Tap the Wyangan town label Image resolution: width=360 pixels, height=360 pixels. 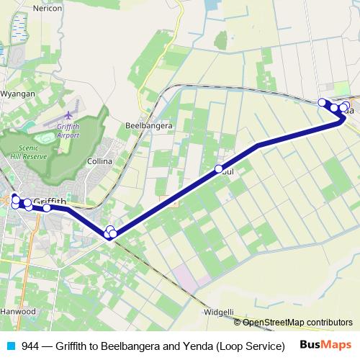pos(17,94)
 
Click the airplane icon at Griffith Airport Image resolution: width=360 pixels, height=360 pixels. pos(69,114)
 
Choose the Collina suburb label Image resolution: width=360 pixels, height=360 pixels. pos(99,161)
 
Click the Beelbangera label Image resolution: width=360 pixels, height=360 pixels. pos(148,125)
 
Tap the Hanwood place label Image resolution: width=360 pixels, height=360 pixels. pos(18,312)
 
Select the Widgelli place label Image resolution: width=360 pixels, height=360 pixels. pos(219,312)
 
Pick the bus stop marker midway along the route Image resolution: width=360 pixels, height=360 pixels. pos(219,169)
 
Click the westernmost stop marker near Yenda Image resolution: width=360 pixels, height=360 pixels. pos(323,102)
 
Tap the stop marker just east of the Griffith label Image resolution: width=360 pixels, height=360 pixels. pos(47,208)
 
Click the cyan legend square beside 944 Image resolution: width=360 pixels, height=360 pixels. pos(9,346)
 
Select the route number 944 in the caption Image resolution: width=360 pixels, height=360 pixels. pos(30,346)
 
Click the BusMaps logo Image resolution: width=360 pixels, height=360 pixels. pos(326,345)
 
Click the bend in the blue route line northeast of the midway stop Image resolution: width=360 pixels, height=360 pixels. pos(258,146)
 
